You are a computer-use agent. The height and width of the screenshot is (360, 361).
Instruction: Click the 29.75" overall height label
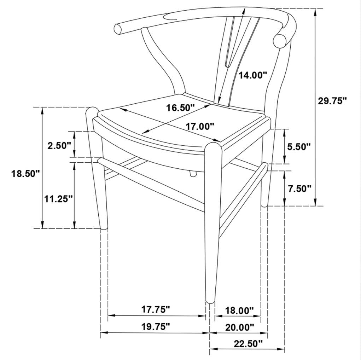point(332,101)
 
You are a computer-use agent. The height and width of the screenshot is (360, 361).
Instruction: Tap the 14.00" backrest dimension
point(252,75)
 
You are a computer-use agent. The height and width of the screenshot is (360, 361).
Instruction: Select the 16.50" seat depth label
point(180,108)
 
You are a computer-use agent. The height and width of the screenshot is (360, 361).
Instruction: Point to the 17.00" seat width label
point(200,126)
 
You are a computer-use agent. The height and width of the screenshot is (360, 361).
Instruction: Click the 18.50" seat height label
point(26,173)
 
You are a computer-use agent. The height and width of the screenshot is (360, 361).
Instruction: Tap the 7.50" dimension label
point(299,188)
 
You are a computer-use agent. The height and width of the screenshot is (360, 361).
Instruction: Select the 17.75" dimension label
point(156,309)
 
